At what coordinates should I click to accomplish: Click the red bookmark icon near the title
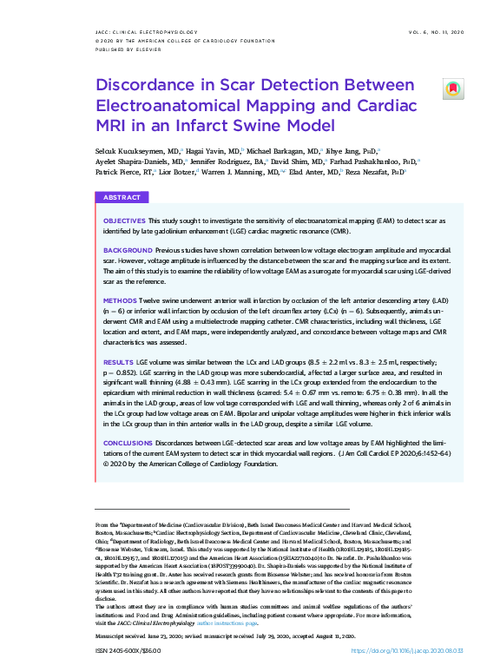[x=452, y=89]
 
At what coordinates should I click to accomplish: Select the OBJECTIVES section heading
[x=124, y=221]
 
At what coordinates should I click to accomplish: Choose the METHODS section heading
[x=120, y=299]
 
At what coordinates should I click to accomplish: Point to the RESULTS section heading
[x=119, y=360]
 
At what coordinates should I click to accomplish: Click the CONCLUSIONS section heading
[x=129, y=443]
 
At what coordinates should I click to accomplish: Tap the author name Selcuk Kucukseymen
[x=131, y=150]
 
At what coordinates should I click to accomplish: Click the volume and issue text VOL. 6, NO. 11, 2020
[x=439, y=32]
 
